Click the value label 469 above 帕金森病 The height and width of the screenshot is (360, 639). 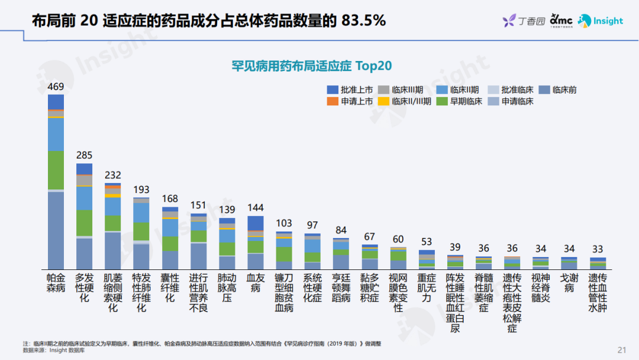(56, 87)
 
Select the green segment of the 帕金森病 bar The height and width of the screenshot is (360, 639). (56, 170)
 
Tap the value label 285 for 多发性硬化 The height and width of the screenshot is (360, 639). (84, 156)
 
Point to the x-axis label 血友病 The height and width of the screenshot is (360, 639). (255, 282)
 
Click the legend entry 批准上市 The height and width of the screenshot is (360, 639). (350, 90)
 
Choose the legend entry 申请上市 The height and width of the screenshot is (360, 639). (350, 101)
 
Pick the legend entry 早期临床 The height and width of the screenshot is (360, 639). (459, 101)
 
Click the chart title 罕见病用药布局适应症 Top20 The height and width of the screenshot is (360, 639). (312, 65)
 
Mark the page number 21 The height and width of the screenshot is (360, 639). (621, 349)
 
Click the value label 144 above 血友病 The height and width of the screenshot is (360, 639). (255, 208)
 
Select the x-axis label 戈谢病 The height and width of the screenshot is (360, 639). (569, 282)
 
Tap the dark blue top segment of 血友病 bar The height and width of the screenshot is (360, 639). (255, 223)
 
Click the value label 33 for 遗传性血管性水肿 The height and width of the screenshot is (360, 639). (597, 249)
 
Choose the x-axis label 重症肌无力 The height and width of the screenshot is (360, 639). (427, 287)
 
